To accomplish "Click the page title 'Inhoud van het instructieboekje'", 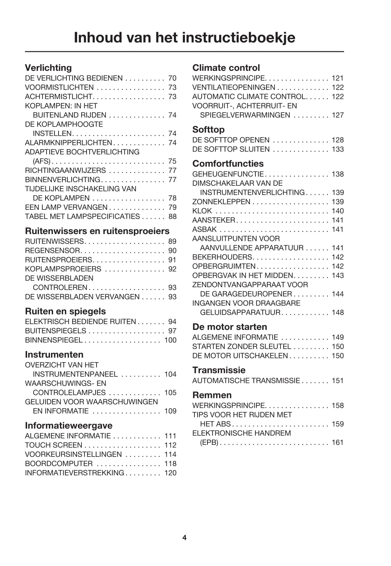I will click(x=184, y=38).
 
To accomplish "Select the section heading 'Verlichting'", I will click(x=48, y=68).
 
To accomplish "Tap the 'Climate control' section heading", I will click(x=226, y=68).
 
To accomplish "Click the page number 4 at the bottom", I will click(x=184, y=538).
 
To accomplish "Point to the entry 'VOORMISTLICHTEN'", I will click(x=59, y=88).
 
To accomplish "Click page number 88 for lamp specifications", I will click(x=172, y=217).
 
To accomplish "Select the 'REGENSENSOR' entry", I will click(x=52, y=251).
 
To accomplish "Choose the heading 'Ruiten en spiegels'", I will click(x=65, y=311).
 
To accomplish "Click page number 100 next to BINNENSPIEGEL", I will click(x=170, y=340).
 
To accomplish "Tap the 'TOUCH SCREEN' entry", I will click(x=54, y=445).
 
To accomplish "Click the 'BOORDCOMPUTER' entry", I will click(x=59, y=464).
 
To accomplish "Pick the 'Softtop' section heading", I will click(x=209, y=130).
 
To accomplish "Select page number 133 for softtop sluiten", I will click(x=338, y=150).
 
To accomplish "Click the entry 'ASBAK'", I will click(x=204, y=230).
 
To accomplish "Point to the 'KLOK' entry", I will click(x=202, y=211).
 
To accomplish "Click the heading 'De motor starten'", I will click(x=229, y=327).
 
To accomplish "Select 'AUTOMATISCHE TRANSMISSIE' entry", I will click(x=246, y=381).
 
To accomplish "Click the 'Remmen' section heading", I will click(x=212, y=395).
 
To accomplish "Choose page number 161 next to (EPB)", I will click(x=338, y=442).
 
